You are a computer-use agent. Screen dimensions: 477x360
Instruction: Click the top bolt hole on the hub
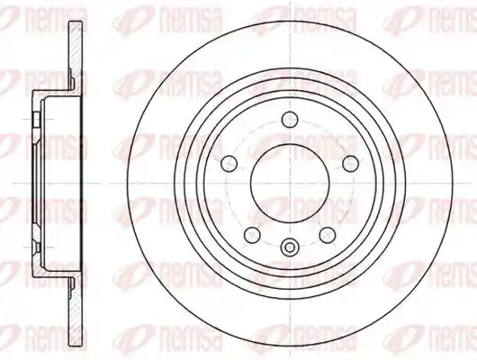(290, 120)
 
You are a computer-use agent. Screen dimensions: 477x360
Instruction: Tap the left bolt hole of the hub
(229, 164)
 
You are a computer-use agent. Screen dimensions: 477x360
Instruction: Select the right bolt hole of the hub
(350, 164)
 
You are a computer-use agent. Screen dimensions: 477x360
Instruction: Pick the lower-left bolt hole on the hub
(252, 235)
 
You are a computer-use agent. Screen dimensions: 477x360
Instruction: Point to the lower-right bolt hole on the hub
(328, 235)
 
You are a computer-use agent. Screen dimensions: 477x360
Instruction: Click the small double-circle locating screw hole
(290, 247)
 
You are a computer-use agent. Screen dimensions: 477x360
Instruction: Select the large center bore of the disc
(290, 184)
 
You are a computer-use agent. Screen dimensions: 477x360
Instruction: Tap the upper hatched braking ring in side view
(76, 55)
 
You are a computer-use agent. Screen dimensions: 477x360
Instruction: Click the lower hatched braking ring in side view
(76, 311)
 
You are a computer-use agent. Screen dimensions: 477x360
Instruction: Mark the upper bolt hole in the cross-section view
(37, 120)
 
